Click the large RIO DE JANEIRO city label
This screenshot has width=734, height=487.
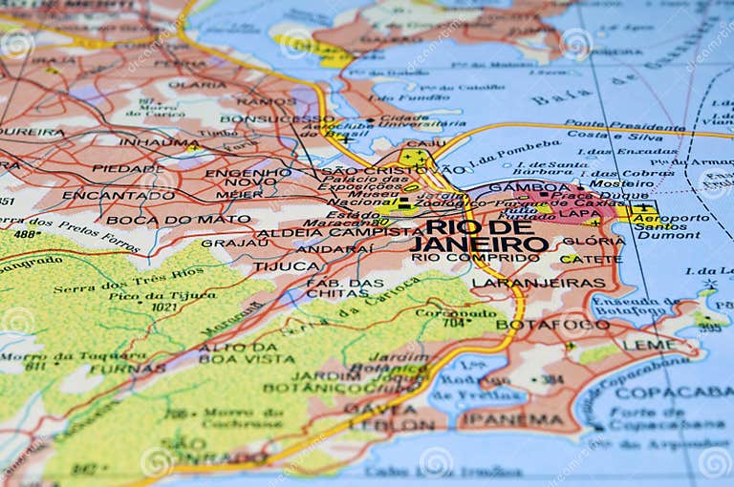pyautogui.click(x=480, y=235)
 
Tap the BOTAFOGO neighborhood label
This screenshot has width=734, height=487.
pyautogui.click(x=552, y=325)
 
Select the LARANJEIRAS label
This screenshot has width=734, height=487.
pyautogui.click(x=538, y=283)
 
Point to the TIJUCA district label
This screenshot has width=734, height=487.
pyautogui.click(x=286, y=266)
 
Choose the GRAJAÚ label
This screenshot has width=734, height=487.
pyautogui.click(x=235, y=243)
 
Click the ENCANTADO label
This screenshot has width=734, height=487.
pyautogui.click(x=105, y=195)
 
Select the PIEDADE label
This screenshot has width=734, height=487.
pyautogui.click(x=127, y=169)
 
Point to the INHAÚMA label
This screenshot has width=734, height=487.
pyautogui.click(x=159, y=142)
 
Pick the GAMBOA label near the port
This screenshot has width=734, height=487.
pyautogui.click(x=516, y=187)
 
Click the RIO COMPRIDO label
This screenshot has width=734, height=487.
pyautogui.click(x=463, y=258)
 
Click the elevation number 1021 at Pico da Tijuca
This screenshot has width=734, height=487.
pyautogui.click(x=165, y=307)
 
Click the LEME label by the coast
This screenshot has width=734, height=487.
pyautogui.click(x=649, y=345)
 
